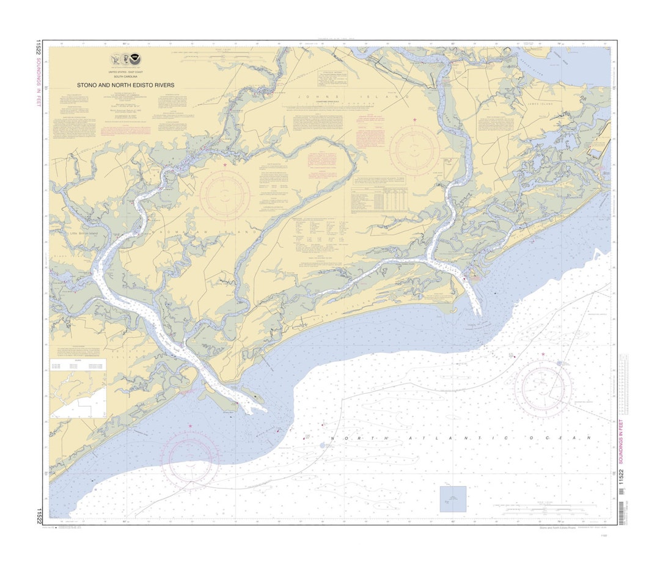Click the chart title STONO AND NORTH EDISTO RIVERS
coord(125,86)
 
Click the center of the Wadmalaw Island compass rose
coord(225,195)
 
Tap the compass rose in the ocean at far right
coord(543,385)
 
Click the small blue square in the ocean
coord(453,499)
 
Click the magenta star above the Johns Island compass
coord(414,119)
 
